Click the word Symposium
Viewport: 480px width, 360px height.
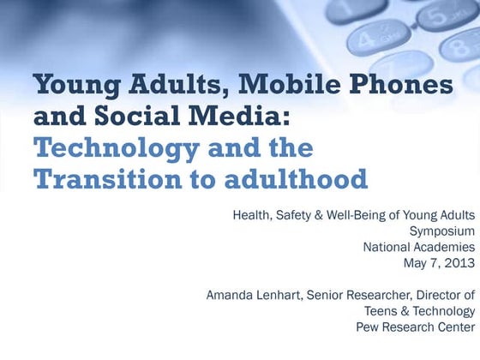pos(442,231)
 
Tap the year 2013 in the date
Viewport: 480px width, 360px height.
pos(459,263)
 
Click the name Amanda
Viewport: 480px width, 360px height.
pos(231,295)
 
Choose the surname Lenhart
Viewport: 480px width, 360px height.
pos(286,295)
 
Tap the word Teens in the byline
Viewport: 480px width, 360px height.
pos(381,310)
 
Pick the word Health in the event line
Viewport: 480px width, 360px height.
pos(252,214)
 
